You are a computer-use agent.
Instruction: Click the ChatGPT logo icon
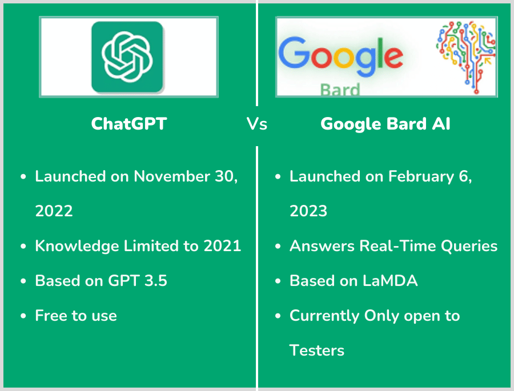(x=127, y=57)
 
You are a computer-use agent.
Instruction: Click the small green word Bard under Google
(x=340, y=90)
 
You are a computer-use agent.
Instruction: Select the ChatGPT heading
(x=129, y=124)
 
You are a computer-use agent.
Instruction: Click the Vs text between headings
(x=256, y=124)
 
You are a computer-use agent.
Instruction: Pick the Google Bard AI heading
(x=385, y=124)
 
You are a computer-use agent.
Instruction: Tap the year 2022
(x=54, y=211)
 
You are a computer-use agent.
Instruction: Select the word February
(x=421, y=177)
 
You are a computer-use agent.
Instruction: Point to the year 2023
(x=308, y=211)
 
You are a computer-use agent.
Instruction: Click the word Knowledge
(x=77, y=247)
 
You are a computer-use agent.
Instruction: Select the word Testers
(x=317, y=350)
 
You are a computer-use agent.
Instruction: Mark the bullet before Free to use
(x=23, y=316)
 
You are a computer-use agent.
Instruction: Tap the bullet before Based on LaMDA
(x=278, y=281)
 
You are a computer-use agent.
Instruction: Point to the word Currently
(x=324, y=316)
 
